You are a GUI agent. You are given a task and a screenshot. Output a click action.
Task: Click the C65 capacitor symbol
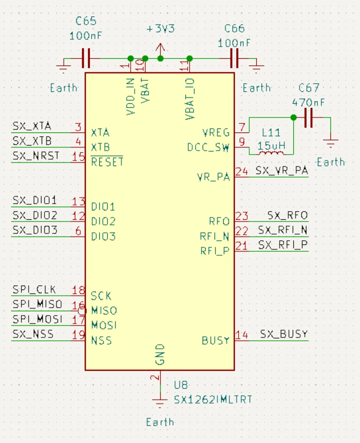tap(85, 58)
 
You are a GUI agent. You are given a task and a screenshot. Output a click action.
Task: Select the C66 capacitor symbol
tap(234, 58)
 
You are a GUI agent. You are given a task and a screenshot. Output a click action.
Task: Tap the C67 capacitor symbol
tap(308, 117)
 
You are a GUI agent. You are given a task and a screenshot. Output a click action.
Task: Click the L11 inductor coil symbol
tap(271, 154)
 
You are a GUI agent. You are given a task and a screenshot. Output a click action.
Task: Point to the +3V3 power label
tap(161, 29)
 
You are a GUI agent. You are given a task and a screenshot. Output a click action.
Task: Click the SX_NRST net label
tap(36, 156)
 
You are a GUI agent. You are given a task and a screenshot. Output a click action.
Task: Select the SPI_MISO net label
tap(37, 304)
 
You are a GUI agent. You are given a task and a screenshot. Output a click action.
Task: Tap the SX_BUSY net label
tap(284, 334)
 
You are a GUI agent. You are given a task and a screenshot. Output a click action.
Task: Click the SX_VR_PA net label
tap(282, 171)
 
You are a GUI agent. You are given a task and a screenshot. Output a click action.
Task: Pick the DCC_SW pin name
tap(208, 148)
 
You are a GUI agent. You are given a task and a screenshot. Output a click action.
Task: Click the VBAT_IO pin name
tap(190, 99)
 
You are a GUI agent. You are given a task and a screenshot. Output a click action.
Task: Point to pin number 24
tap(242, 171)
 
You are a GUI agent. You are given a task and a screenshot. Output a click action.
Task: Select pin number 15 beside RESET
tap(78, 157)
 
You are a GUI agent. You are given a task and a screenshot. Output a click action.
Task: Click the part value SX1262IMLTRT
tap(213, 400)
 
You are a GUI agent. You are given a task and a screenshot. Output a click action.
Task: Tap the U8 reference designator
tap(181, 385)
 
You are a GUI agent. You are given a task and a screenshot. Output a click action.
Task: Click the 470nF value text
tap(308, 103)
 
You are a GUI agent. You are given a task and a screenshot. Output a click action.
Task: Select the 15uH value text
tap(271, 146)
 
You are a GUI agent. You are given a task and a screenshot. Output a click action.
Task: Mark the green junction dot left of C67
tap(293, 117)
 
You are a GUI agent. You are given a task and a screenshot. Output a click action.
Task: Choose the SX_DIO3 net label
tap(35, 230)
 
